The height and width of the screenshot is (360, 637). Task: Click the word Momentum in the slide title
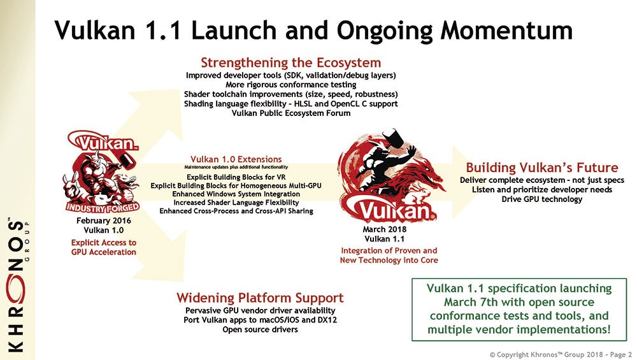pyautogui.click(x=506, y=30)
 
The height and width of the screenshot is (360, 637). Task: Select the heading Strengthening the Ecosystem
pyautogui.click(x=291, y=62)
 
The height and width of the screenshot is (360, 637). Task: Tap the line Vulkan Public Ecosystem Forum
pyautogui.click(x=291, y=113)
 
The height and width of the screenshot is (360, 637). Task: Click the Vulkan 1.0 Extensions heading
pyautogui.click(x=236, y=159)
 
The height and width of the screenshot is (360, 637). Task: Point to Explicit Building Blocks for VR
pyautogui.click(x=236, y=177)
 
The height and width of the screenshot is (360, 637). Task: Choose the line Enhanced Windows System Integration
pyautogui.click(x=236, y=194)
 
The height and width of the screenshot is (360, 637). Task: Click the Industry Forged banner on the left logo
pyautogui.click(x=103, y=208)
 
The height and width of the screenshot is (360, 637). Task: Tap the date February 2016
pyautogui.click(x=104, y=220)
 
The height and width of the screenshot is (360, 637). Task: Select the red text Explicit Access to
pyautogui.click(x=104, y=243)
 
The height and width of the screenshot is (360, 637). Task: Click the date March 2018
pyautogui.click(x=384, y=229)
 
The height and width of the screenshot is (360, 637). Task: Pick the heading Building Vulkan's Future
pyautogui.click(x=542, y=168)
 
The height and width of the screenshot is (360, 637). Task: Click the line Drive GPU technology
pyautogui.click(x=542, y=199)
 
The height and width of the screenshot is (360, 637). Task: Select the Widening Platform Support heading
pyautogui.click(x=260, y=298)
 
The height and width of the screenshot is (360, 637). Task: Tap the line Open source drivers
pyautogui.click(x=260, y=329)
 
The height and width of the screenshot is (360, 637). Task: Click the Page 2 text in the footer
pyautogui.click(x=620, y=355)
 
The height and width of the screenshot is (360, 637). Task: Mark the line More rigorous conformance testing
pyautogui.click(x=291, y=85)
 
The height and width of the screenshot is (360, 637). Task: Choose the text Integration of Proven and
pyautogui.click(x=389, y=250)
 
